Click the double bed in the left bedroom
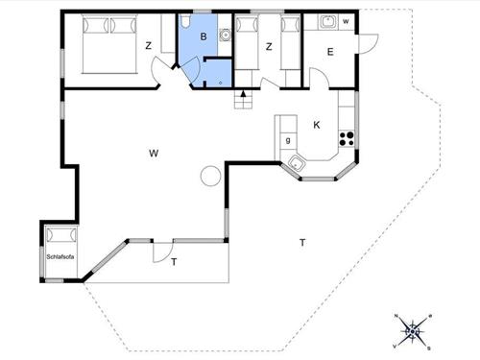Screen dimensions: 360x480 click(107, 43)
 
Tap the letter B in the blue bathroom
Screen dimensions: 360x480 click(203, 36)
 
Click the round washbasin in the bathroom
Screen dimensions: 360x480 click(224, 36)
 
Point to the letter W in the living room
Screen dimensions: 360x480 click(154, 153)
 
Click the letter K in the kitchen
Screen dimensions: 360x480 click(316, 125)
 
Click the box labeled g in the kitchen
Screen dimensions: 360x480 click(286, 141)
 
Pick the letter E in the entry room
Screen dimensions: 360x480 click(329, 54)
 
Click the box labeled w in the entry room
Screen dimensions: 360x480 click(346, 20)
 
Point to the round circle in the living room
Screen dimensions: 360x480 click(209, 176)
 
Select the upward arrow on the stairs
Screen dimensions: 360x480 click(245, 93)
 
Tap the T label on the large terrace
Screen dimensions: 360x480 click(301, 243)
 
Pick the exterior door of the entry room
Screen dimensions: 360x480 click(365, 43)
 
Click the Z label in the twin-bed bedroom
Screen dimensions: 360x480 click(270, 45)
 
